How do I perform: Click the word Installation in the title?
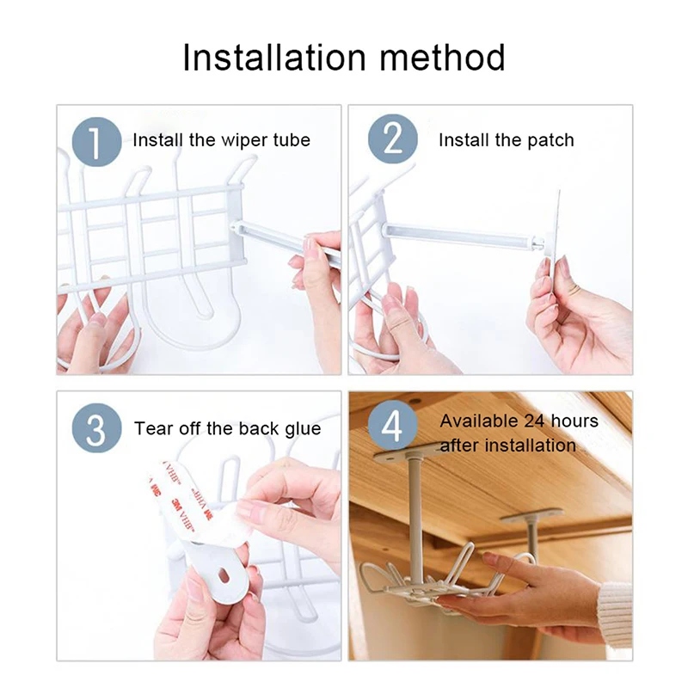pos(273,57)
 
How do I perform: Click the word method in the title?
pos(442,57)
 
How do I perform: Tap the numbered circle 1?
pos(96,142)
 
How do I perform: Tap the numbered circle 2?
pos(393,139)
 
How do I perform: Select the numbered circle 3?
pos(96,427)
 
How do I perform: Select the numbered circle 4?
pos(393,425)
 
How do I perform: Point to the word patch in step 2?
pos(550,141)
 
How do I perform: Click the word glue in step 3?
pos(303,429)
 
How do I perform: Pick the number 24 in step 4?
pos(535,421)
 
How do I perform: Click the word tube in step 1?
pos(292,140)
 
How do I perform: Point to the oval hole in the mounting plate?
pos(224,574)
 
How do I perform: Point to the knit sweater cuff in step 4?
pos(615,610)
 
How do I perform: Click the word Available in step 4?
pos(479,421)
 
